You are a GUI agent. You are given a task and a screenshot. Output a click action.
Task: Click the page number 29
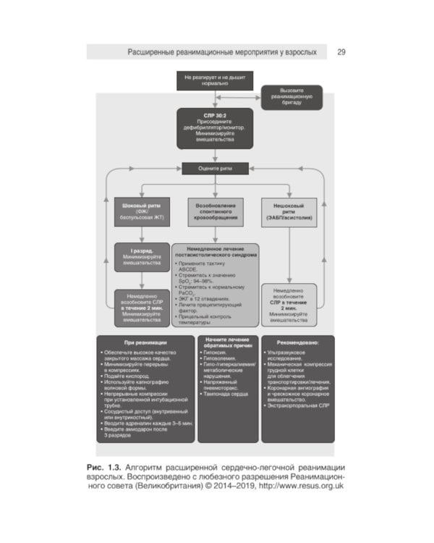(341, 52)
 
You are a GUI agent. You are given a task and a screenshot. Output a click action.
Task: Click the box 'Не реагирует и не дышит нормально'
(205, 80)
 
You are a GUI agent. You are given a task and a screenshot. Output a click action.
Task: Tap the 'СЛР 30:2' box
(215, 128)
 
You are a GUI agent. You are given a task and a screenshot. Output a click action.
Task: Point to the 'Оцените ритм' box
(215, 169)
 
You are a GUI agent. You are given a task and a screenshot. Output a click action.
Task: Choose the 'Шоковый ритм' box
(141, 211)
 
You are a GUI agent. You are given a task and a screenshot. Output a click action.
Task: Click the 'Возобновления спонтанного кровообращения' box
(215, 211)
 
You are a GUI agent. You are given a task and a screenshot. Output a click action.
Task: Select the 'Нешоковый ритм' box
(289, 211)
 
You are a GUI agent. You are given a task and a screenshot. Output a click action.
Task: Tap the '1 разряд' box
(141, 257)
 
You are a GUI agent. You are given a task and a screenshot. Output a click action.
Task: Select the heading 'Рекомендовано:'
(297, 340)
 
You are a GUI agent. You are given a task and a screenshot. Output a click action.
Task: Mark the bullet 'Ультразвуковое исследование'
(293, 354)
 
